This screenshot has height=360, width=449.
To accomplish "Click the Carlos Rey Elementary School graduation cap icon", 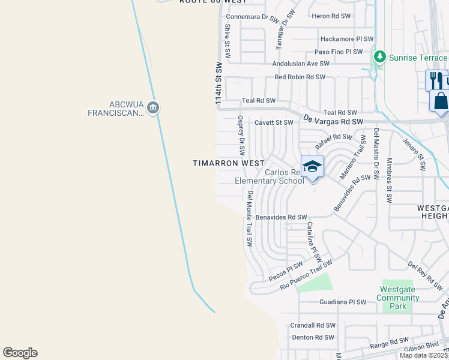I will point(312,166).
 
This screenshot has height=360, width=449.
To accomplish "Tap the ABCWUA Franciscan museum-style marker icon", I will point(153,107).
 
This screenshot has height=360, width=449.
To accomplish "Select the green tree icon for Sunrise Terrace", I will point(379,57).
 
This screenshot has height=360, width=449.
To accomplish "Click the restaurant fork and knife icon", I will point(436,80).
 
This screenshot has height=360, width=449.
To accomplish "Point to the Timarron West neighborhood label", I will point(228,163).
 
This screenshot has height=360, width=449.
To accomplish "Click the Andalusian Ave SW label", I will point(301,63).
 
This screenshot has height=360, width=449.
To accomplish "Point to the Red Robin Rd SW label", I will point(300,77).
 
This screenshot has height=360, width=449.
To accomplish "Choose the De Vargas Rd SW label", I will point(333,120).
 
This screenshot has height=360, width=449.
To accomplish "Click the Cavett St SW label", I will point(274,122).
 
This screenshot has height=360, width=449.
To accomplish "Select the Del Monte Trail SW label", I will point(249,219).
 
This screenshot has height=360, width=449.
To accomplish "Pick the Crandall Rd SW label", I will point(313,325).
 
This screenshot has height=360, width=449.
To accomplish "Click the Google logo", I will point(20,353).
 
